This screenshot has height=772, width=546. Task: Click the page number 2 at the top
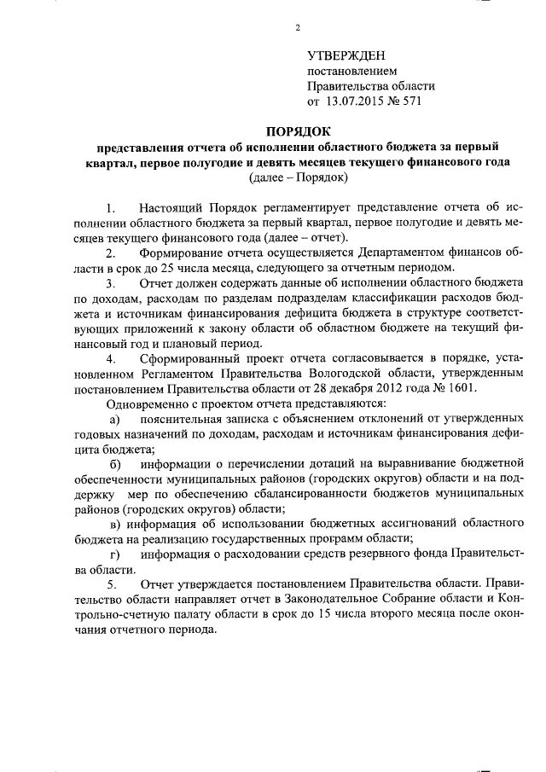(x=298, y=28)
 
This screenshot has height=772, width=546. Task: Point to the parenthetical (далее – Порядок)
(x=297, y=177)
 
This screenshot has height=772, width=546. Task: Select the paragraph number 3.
(x=110, y=282)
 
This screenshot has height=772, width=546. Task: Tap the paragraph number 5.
(x=110, y=584)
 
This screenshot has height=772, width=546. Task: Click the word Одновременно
(x=143, y=403)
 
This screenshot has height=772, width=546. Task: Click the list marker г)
(x=114, y=554)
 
